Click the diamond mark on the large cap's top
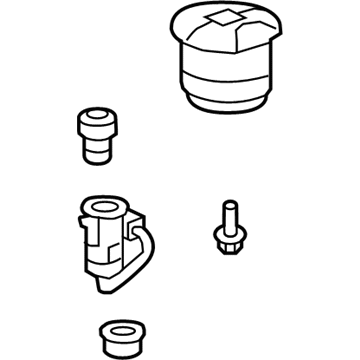coord(220,22)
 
